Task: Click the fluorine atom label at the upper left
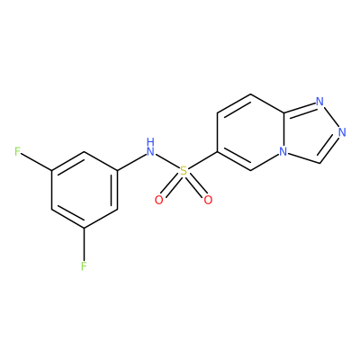point(18,152)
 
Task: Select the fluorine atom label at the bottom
point(84,266)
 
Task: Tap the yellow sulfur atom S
point(184,171)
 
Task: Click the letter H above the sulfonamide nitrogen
point(150,141)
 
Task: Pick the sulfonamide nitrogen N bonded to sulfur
point(150,151)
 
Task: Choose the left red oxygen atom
point(158,200)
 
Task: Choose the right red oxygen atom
point(208,200)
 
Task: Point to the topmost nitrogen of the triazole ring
point(320,102)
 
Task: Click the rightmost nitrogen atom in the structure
point(342,132)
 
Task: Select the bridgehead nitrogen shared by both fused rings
point(283,152)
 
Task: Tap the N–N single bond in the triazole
point(331,117)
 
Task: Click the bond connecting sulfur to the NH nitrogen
point(167,161)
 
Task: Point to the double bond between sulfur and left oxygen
point(171,185)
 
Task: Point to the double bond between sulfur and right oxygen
point(195,185)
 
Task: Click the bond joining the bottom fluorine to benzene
point(84,245)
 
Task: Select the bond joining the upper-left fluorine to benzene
point(37,162)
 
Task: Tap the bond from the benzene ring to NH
point(131,162)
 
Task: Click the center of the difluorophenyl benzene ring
point(84,190)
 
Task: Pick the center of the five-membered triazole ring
point(310,133)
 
